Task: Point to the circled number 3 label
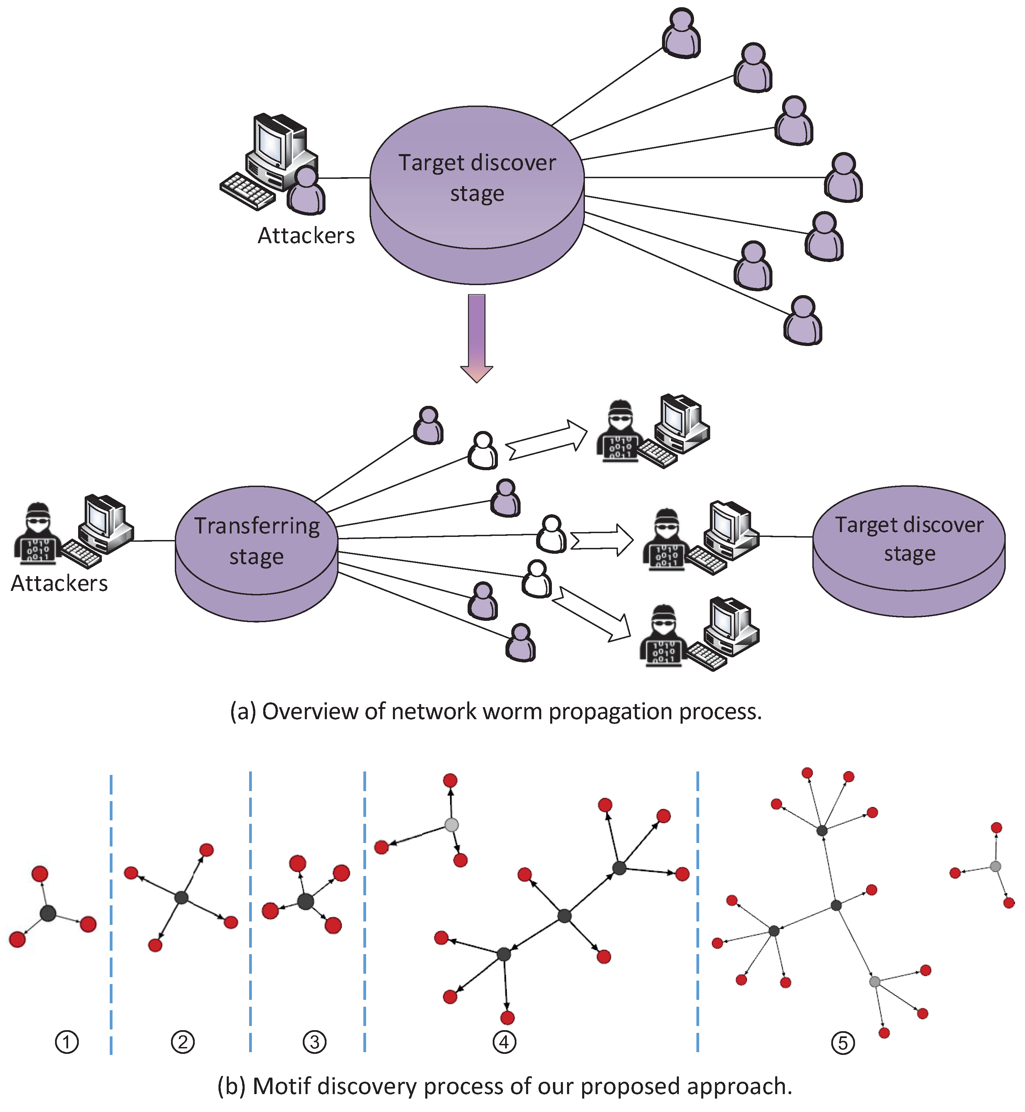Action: click(x=314, y=1042)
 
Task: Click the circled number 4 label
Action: click(x=504, y=1042)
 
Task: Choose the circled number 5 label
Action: click(x=843, y=1043)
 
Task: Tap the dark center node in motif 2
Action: click(x=181, y=897)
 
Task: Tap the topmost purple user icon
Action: click(x=682, y=33)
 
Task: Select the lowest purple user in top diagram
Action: click(x=803, y=322)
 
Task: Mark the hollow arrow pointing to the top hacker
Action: click(x=547, y=440)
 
